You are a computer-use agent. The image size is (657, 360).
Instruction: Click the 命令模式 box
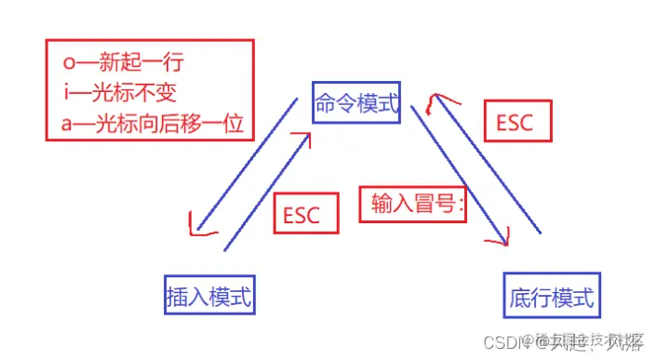357,102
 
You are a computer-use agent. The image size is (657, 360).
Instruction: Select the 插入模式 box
209,295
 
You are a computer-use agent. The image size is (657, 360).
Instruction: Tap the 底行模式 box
552,297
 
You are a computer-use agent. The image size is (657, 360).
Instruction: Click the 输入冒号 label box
412,204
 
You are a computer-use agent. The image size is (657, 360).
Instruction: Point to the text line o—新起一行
118,63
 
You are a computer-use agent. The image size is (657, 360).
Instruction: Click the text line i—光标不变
118,93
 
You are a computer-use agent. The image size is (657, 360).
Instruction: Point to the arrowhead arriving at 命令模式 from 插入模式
302,140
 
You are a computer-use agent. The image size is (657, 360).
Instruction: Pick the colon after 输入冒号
460,205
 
